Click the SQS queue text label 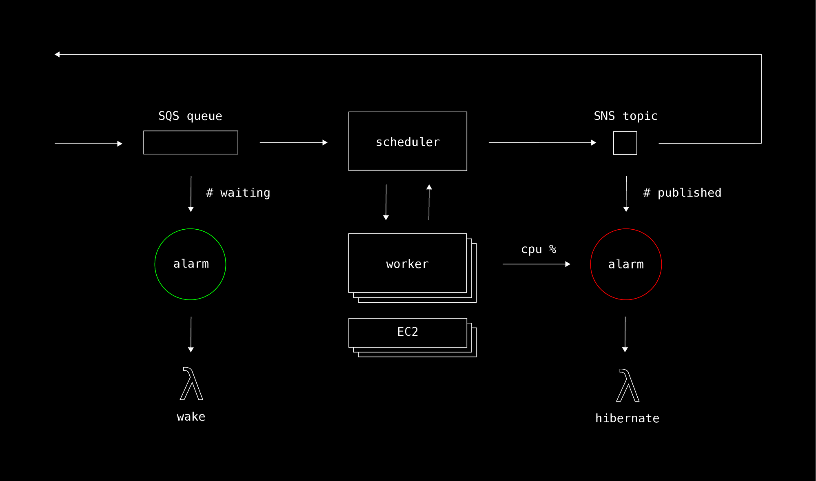pyautogui.click(x=190, y=116)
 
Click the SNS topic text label pyautogui.click(x=625, y=116)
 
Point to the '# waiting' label pyautogui.click(x=238, y=193)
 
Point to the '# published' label pyautogui.click(x=682, y=193)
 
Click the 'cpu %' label pyautogui.click(x=539, y=249)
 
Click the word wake pyautogui.click(x=191, y=417)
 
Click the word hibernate pyautogui.click(x=627, y=418)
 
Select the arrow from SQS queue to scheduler pyautogui.click(x=294, y=142)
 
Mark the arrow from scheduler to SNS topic pyautogui.click(x=543, y=142)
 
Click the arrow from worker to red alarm pyautogui.click(x=537, y=264)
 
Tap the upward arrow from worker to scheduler pyautogui.click(x=429, y=202)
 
